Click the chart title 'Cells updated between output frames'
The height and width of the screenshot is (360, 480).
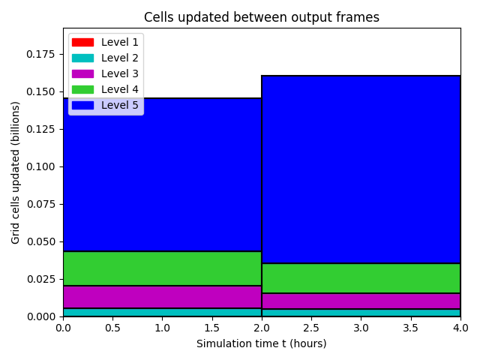[x=262, y=17]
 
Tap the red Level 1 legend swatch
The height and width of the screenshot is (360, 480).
[x=82, y=42]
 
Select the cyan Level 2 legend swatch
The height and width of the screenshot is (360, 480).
[x=82, y=58]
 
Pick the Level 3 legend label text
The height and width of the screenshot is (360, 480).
[x=120, y=73]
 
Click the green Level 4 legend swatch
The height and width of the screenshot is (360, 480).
[x=82, y=89]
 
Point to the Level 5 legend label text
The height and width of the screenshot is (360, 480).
[x=120, y=105]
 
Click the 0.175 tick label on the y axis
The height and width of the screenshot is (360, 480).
[x=40, y=54]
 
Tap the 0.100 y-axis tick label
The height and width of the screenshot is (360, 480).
[x=40, y=166]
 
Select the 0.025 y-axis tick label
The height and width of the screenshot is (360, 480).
[x=40, y=279]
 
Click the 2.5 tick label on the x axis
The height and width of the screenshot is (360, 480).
[x=311, y=328]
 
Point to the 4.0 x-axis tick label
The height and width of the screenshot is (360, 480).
[x=460, y=328]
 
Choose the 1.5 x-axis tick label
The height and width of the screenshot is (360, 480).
[x=211, y=328]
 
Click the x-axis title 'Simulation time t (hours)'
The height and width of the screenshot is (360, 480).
[x=262, y=343]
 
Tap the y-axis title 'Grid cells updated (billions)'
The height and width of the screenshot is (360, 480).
[x=15, y=172]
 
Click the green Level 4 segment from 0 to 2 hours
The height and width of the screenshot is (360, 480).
[x=162, y=268]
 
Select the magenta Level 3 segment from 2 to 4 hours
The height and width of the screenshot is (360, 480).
[x=361, y=301]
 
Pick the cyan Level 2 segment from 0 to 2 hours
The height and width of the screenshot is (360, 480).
[x=162, y=312]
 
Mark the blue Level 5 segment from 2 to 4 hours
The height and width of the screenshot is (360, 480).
[x=361, y=169]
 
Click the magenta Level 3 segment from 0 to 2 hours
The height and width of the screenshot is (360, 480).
[x=162, y=297]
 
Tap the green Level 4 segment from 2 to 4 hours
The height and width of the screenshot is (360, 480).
[x=361, y=278]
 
